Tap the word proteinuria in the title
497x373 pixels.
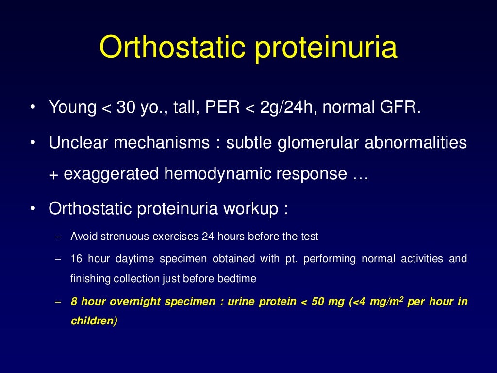(326, 48)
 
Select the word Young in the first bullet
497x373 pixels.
(72, 107)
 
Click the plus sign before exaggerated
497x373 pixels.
(53, 174)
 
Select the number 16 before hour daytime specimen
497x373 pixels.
(76, 259)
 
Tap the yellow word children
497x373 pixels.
(92, 321)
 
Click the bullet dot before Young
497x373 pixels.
(32, 107)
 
